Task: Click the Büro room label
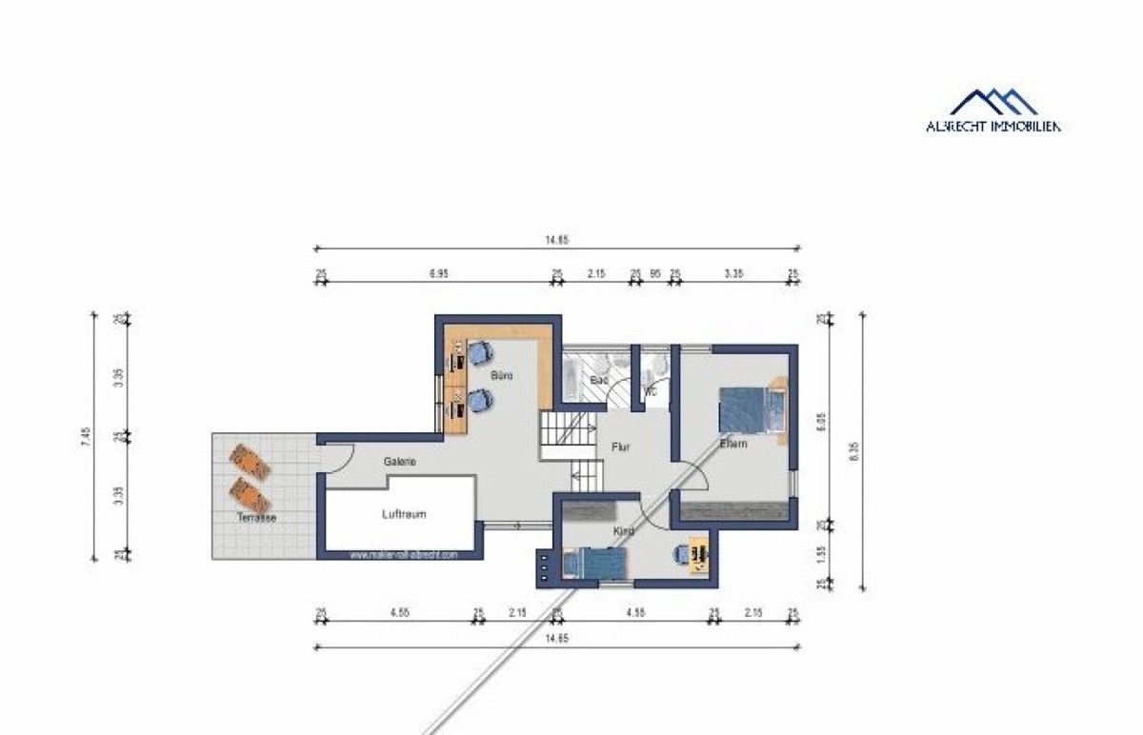click(502, 377)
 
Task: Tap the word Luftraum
click(403, 514)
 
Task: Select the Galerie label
click(400, 462)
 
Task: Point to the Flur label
click(620, 446)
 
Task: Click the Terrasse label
click(257, 518)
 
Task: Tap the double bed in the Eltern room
click(749, 411)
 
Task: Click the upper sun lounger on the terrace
click(252, 462)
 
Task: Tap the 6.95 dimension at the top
click(438, 273)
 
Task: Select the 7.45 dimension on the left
click(85, 438)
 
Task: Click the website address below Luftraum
click(404, 554)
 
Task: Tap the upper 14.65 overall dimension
click(556, 241)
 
